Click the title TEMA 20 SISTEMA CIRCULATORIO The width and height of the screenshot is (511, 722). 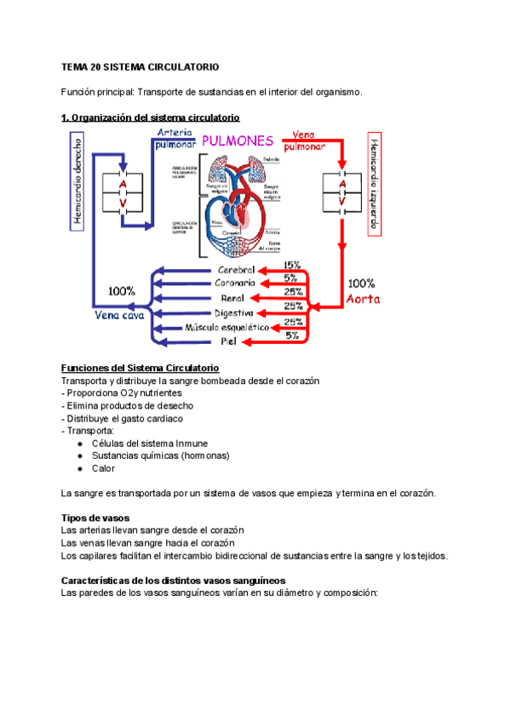(141, 66)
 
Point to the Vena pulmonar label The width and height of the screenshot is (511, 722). (312, 140)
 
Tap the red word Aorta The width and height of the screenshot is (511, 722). (363, 299)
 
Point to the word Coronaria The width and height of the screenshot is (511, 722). (235, 284)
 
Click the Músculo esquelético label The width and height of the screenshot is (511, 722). (227, 327)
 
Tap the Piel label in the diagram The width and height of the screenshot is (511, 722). (227, 341)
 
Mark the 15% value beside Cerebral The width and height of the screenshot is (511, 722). (292, 266)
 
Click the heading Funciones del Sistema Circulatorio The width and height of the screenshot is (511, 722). (141, 367)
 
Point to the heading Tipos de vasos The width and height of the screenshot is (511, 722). (95, 517)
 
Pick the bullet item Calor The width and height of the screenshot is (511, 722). (103, 467)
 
